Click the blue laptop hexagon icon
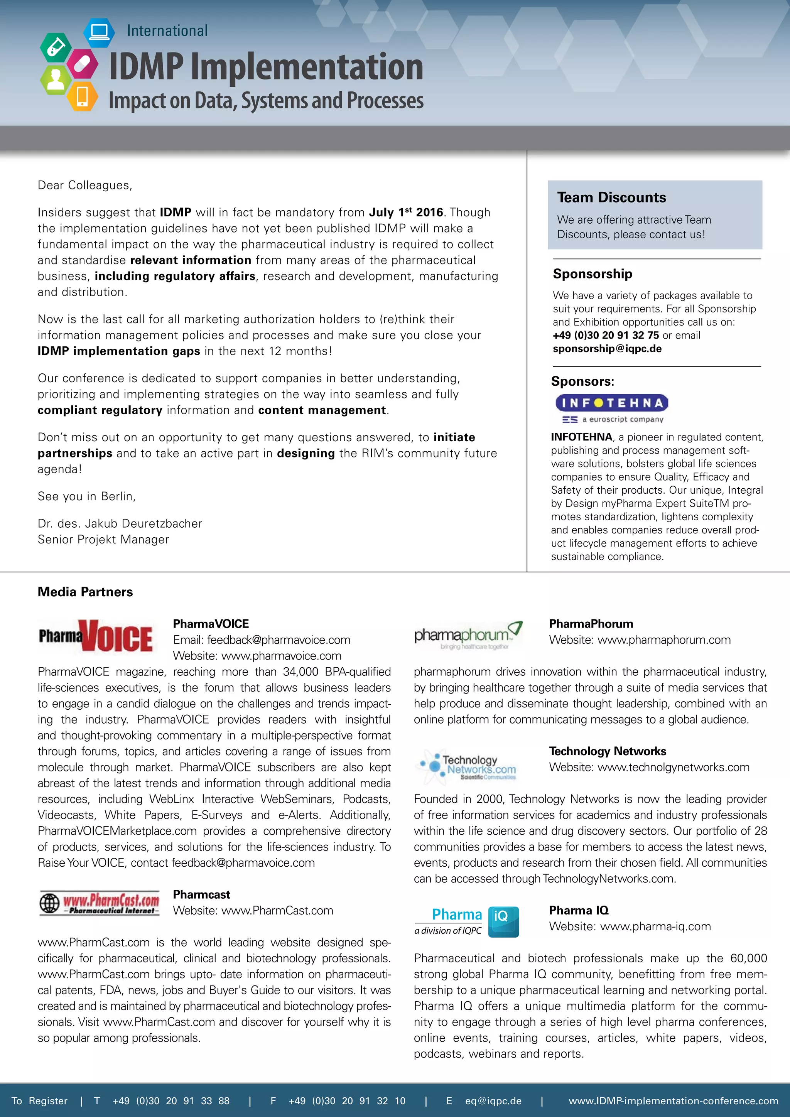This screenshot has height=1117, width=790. pyautogui.click(x=99, y=32)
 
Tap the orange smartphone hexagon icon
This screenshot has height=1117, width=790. pyautogui.click(x=82, y=96)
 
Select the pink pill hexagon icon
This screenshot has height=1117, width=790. pyautogui.click(x=82, y=64)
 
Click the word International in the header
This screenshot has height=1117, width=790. pyautogui.click(x=167, y=30)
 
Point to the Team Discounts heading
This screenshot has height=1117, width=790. pyautogui.click(x=611, y=197)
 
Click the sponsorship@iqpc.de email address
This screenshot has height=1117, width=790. pyautogui.click(x=607, y=349)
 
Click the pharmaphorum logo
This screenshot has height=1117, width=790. pyautogui.click(x=468, y=635)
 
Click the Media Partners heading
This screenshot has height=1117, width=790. pyautogui.click(x=85, y=592)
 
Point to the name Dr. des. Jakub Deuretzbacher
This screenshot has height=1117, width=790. pyautogui.click(x=120, y=523)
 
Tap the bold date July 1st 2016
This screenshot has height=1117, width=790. pyautogui.click(x=406, y=212)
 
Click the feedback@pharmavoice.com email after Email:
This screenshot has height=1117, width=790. pyautogui.click(x=278, y=640)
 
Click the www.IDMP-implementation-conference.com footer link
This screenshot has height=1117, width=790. pyautogui.click(x=673, y=1100)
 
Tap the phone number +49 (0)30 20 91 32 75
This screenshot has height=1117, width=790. pyautogui.click(x=606, y=335)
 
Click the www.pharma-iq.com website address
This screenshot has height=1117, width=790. pyautogui.click(x=655, y=926)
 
